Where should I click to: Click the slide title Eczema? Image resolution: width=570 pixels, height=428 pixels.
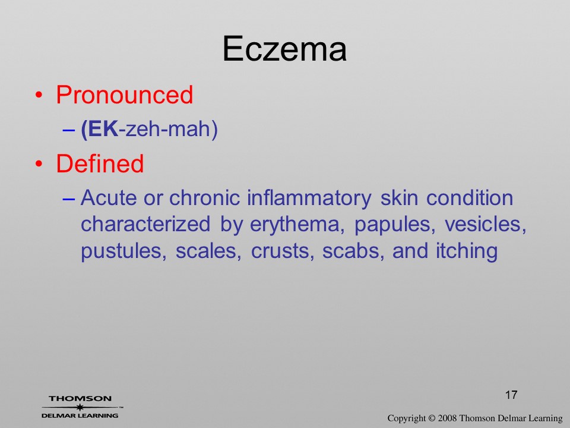click(x=284, y=49)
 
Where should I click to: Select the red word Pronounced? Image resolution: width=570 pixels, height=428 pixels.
click(x=124, y=95)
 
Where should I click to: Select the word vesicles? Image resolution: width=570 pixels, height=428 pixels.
click(x=486, y=224)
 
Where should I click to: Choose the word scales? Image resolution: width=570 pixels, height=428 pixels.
click(x=208, y=251)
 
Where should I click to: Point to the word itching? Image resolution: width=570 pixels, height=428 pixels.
click(x=467, y=251)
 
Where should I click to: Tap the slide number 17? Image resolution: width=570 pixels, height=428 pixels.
click(x=511, y=395)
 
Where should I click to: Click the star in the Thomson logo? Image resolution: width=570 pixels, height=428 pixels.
click(x=80, y=407)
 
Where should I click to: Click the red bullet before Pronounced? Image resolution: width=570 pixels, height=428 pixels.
click(x=39, y=95)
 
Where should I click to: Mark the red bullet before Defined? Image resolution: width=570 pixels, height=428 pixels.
click(x=39, y=164)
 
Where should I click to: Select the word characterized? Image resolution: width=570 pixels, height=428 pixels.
click(x=145, y=224)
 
